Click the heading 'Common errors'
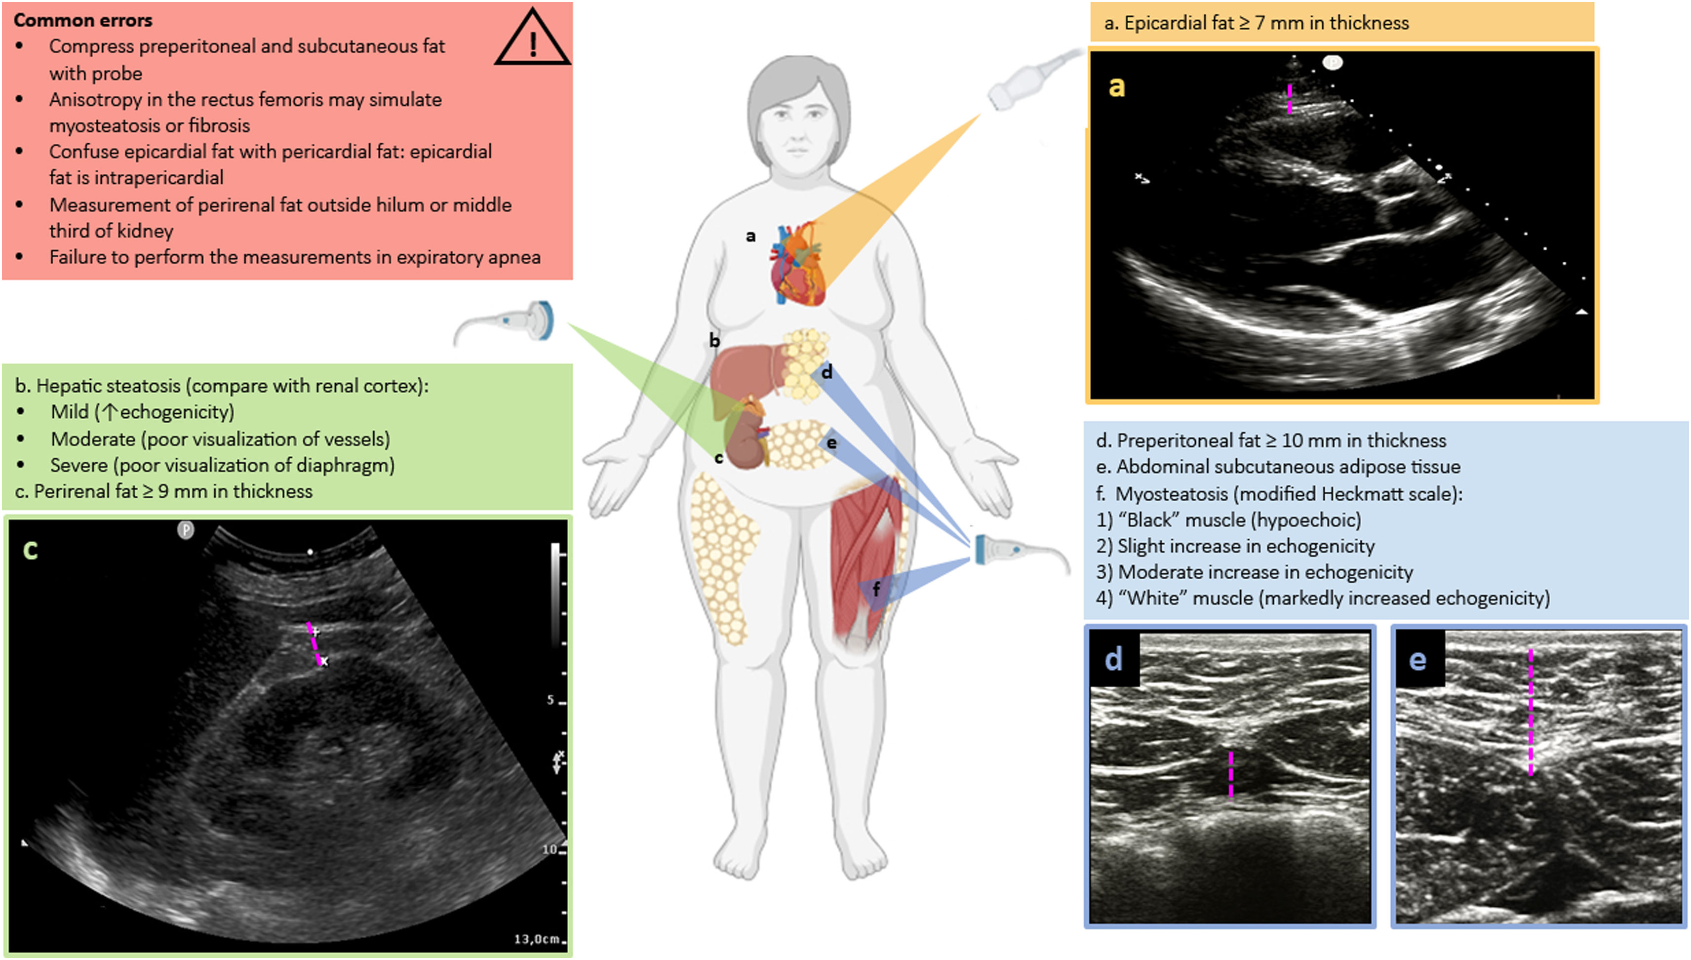(83, 20)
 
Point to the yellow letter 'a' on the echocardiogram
(1116, 86)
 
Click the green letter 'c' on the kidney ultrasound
(30, 549)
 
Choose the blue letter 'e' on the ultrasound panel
(1417, 659)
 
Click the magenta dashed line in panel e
(1530, 712)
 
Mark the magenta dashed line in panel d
(1230, 773)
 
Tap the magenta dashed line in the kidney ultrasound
(315, 643)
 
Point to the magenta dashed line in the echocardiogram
(1290, 98)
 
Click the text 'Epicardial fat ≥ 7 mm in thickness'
(1265, 23)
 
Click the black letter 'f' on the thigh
(876, 589)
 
